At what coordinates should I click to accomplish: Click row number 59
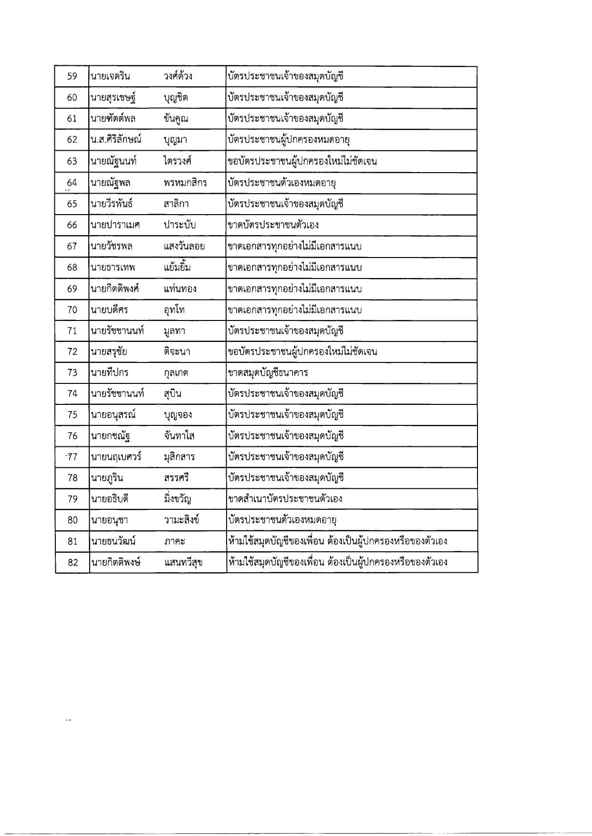click(x=72, y=76)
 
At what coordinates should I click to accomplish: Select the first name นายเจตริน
click(x=110, y=76)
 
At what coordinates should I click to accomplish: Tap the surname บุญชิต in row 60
click(x=176, y=97)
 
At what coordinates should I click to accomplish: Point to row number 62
click(x=72, y=140)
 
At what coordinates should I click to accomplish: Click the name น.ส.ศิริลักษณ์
click(x=116, y=140)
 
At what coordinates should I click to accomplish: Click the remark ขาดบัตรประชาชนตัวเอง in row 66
click(x=273, y=225)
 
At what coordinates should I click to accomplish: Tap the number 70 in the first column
click(x=72, y=310)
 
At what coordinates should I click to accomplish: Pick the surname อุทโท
click(x=174, y=310)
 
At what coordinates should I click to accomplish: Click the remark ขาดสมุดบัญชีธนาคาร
click(x=268, y=372)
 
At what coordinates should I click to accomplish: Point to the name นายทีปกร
click(x=109, y=372)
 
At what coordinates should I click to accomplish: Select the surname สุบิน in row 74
click(x=172, y=394)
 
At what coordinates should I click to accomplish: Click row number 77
click(x=72, y=457)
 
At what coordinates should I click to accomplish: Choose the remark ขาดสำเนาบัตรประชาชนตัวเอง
click(x=285, y=499)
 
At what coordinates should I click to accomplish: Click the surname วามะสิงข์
click(x=181, y=520)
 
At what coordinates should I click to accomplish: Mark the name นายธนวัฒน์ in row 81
click(x=113, y=541)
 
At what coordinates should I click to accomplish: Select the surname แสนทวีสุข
click(x=183, y=562)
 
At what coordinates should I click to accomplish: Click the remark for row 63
click(x=302, y=161)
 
